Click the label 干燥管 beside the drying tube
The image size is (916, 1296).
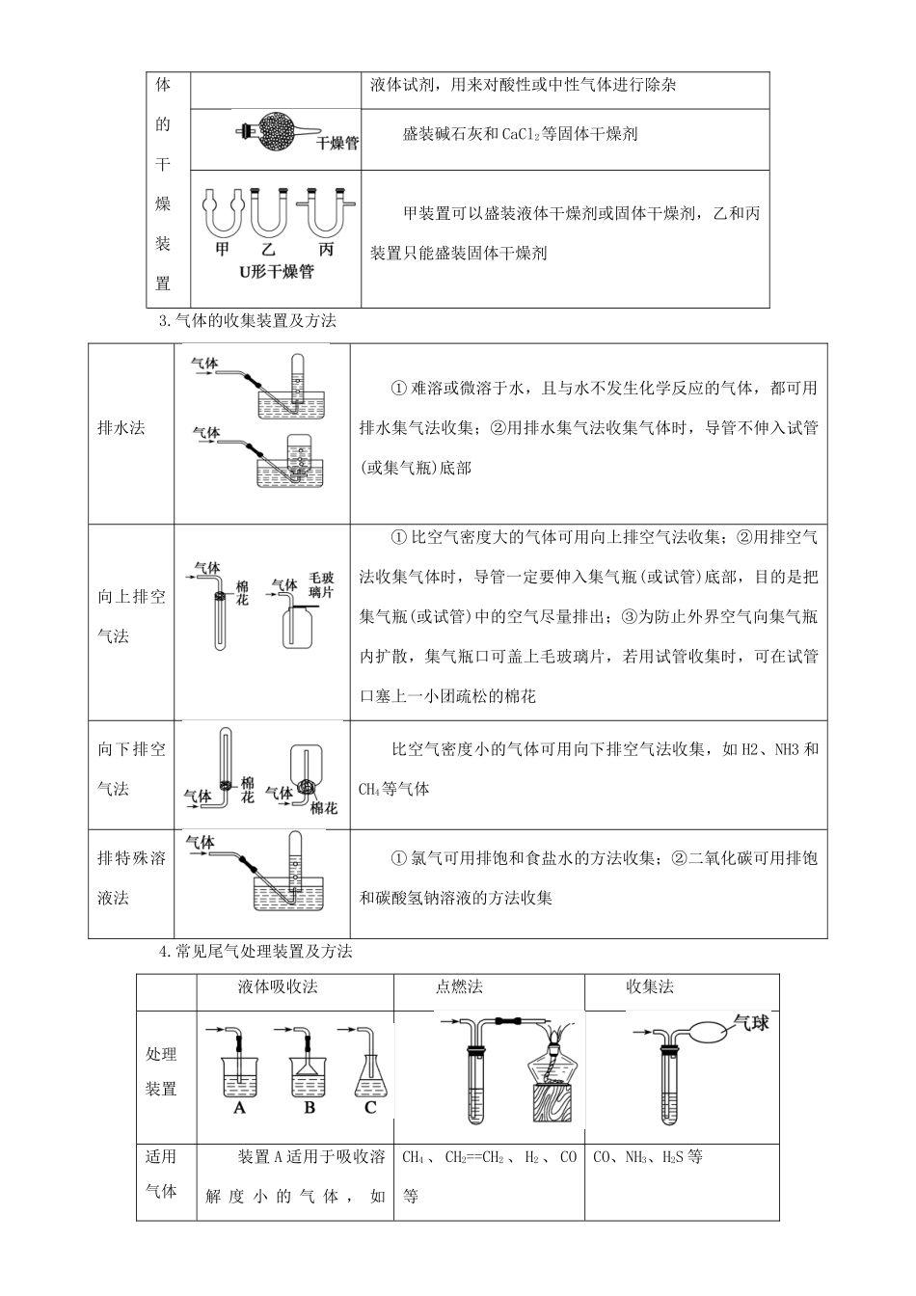pyautogui.click(x=337, y=144)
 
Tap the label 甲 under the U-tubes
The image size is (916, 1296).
pyautogui.click(x=223, y=250)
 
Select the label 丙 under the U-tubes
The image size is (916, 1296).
pyautogui.click(x=327, y=250)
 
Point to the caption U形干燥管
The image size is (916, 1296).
pyautogui.click(x=276, y=272)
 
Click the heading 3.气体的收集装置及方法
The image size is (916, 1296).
pyautogui.click(x=247, y=320)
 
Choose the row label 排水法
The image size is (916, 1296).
pyautogui.click(x=121, y=427)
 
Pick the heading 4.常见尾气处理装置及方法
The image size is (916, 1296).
pyautogui.click(x=255, y=952)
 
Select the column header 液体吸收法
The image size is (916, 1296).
pyautogui.click(x=278, y=986)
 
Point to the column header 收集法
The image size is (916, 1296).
pyautogui.click(x=650, y=986)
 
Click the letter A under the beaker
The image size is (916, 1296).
pyautogui.click(x=239, y=1109)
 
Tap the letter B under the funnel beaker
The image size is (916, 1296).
pyautogui.click(x=309, y=1109)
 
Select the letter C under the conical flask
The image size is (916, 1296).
pyautogui.click(x=370, y=1109)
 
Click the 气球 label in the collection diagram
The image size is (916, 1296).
pyautogui.click(x=751, y=1022)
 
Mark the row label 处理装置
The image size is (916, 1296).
pyautogui.click(x=161, y=1071)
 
